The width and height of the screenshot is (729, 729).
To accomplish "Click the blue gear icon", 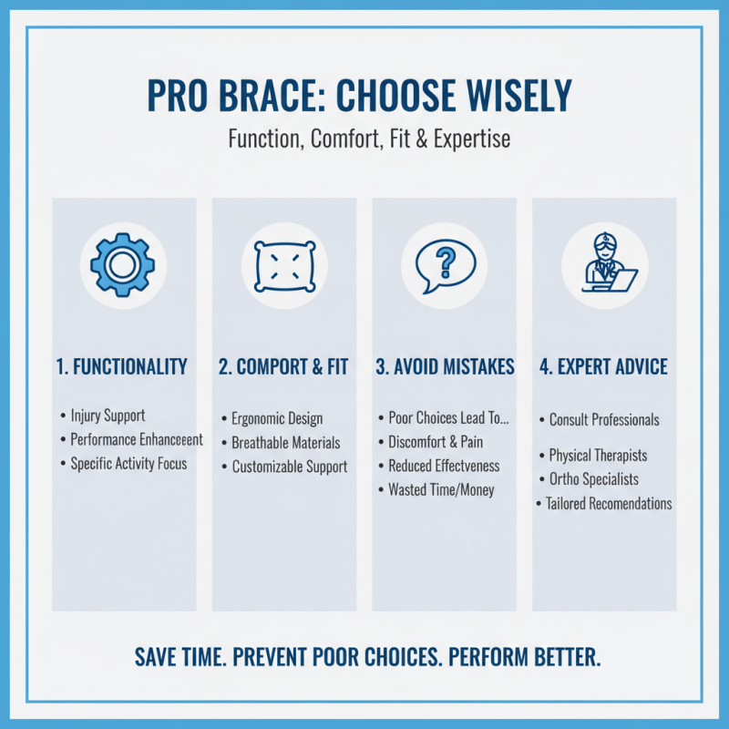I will click(x=123, y=264).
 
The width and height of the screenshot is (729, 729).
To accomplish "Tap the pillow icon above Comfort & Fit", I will click(x=283, y=265).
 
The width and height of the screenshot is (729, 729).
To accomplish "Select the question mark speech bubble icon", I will click(x=444, y=264).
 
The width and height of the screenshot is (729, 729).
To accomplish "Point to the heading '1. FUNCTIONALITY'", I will click(x=121, y=367).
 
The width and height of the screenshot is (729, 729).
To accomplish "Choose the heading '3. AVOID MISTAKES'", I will click(x=445, y=367).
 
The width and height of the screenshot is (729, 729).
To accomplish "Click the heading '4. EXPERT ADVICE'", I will click(x=604, y=367).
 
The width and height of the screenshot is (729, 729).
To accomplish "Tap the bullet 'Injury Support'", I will click(x=108, y=416).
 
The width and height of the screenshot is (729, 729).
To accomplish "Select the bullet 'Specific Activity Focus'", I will click(x=128, y=463).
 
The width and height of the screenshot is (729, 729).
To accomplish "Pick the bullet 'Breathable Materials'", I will click(x=285, y=443).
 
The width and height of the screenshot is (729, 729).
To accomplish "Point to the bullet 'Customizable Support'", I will click(x=289, y=467).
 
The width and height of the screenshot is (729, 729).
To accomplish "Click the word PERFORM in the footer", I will click(x=492, y=657).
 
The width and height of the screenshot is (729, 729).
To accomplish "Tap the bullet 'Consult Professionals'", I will click(x=604, y=420).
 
